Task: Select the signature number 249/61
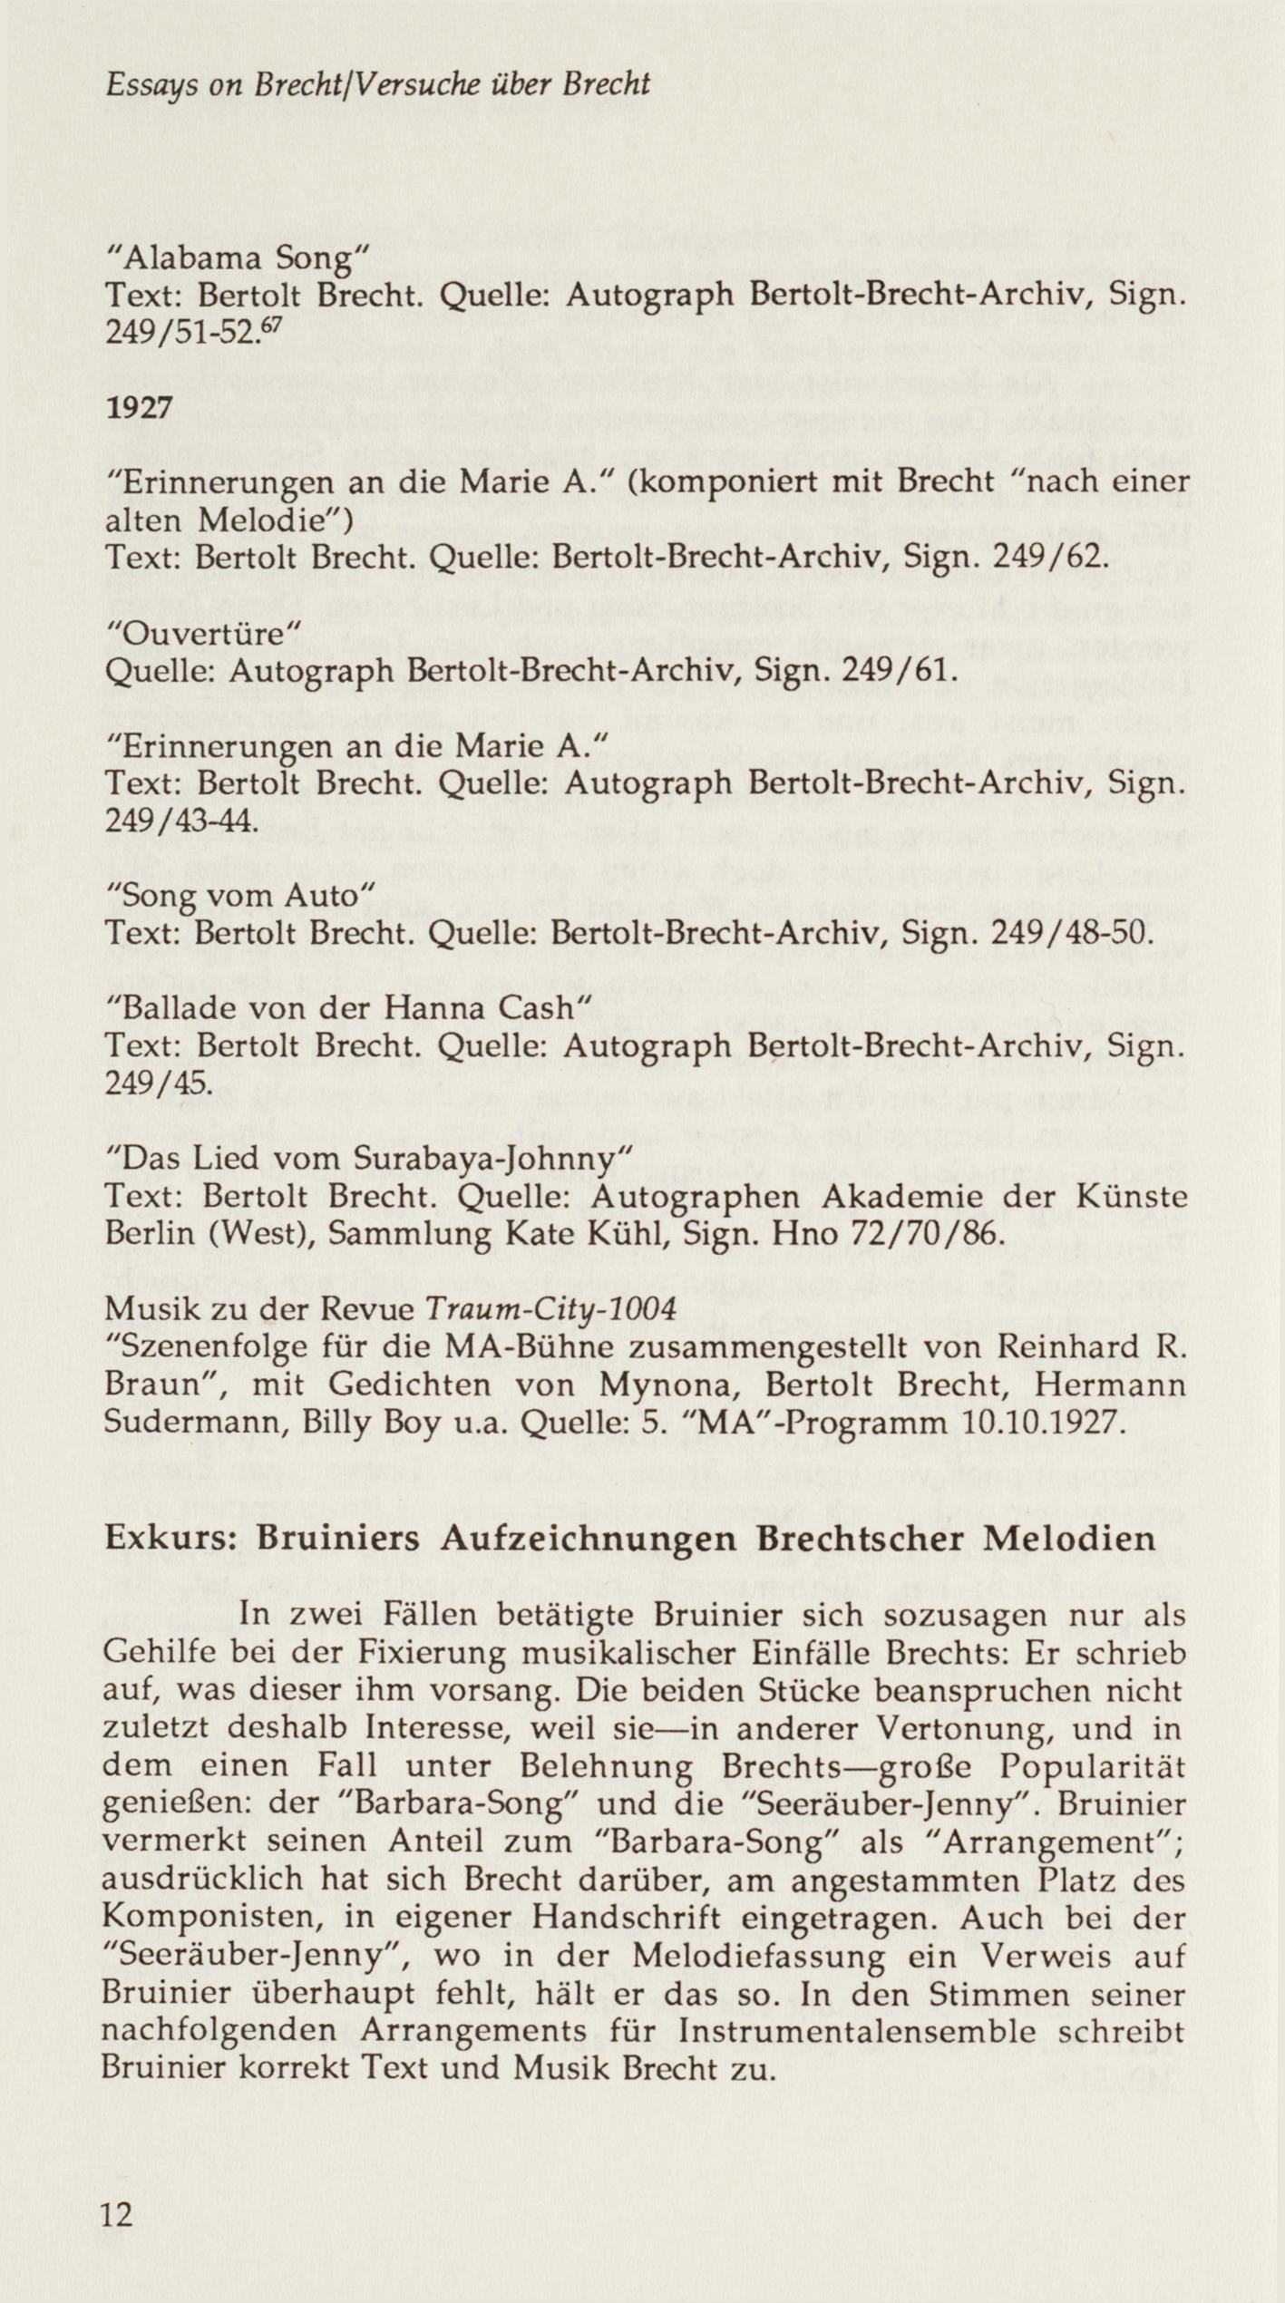pyautogui.click(x=898, y=670)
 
